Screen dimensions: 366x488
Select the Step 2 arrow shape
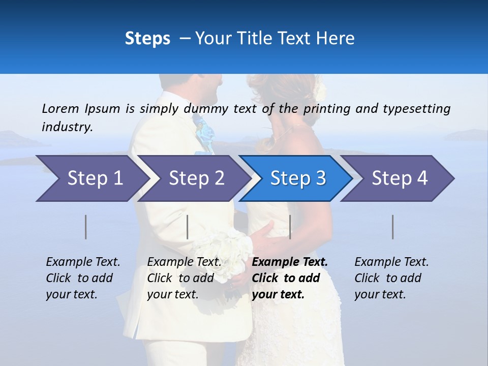tap(193, 178)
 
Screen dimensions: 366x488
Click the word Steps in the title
tap(147, 38)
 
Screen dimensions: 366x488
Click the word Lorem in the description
tap(59, 108)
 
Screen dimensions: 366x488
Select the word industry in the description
tap(67, 127)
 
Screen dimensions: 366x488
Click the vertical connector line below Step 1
tap(86, 227)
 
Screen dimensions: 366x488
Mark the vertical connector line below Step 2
tap(188, 227)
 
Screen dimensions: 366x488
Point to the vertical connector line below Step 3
tap(290, 227)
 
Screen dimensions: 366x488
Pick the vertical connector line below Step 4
tap(393, 227)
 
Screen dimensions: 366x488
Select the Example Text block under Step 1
tap(83, 278)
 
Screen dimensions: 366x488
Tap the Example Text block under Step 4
tap(391, 278)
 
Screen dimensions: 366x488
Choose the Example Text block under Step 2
tap(184, 278)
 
